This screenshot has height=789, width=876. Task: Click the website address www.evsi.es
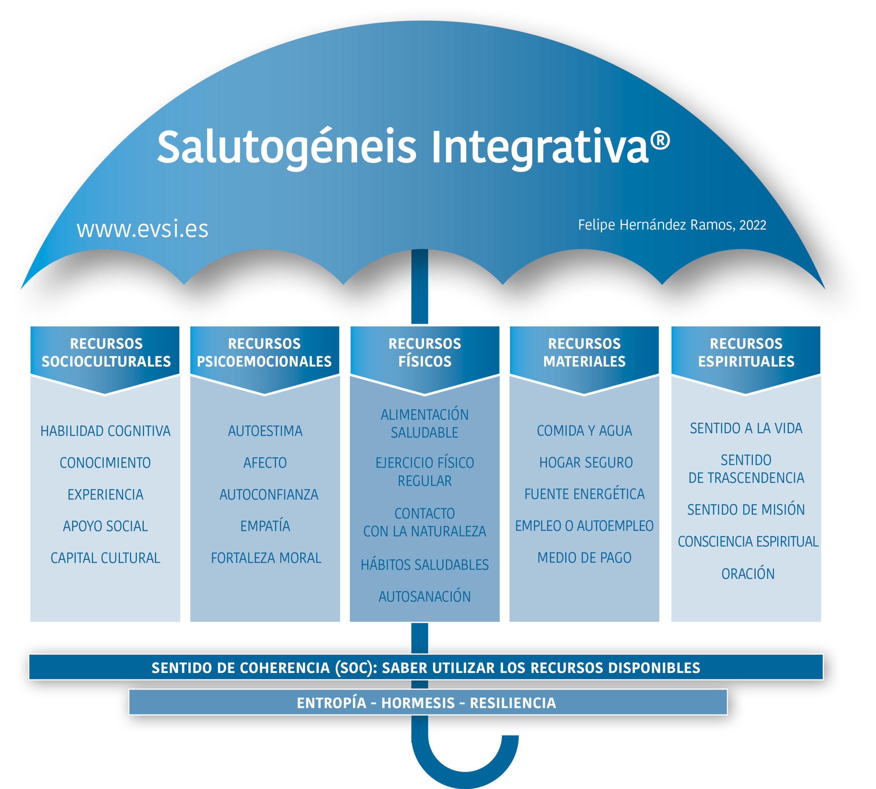pos(142,229)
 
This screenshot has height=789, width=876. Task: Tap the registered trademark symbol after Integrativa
pos(660,141)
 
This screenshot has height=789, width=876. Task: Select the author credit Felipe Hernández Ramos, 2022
pos(672,225)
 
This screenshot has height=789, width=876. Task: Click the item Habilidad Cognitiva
pos(105,431)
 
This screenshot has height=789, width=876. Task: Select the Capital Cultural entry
pos(105,558)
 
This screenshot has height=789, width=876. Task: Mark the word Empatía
pos(265,526)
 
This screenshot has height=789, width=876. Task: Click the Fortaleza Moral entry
pos(266,558)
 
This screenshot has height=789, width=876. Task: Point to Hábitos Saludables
pos(424,564)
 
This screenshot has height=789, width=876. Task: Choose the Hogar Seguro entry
pos(585,462)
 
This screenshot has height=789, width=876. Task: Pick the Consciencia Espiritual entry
pos(748,542)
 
